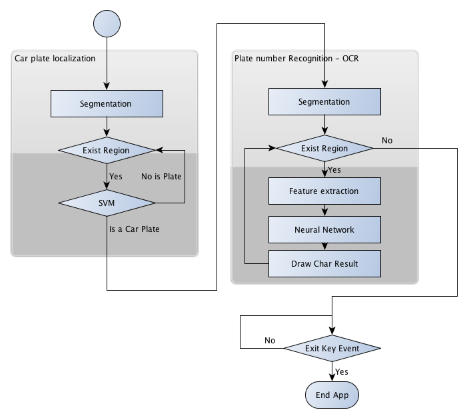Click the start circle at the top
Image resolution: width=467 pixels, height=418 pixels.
point(107,23)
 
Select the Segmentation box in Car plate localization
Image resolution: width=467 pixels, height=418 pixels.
point(107,104)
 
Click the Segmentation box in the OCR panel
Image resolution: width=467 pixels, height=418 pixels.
point(324,102)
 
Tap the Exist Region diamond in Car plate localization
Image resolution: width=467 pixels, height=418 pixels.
point(107,151)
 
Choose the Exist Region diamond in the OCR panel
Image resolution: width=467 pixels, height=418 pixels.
point(324,149)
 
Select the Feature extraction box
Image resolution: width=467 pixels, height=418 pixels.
point(324,191)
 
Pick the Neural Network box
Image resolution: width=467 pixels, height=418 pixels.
point(324,230)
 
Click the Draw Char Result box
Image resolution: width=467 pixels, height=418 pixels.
point(324,264)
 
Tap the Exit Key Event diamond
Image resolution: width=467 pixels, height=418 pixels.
point(332,349)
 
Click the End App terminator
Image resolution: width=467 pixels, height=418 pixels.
point(332,395)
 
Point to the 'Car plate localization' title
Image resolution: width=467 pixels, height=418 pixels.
point(55,59)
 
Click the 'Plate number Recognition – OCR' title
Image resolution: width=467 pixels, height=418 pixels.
point(292,59)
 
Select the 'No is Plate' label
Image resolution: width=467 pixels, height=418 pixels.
point(161,177)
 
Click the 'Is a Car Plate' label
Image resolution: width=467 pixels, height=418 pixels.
point(135,229)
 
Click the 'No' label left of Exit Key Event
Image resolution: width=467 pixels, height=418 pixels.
point(270,341)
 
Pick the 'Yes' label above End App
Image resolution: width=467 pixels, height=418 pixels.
point(341,372)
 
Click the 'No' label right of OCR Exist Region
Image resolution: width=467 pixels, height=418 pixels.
point(387,140)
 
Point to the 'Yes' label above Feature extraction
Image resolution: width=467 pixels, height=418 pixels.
point(334,170)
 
